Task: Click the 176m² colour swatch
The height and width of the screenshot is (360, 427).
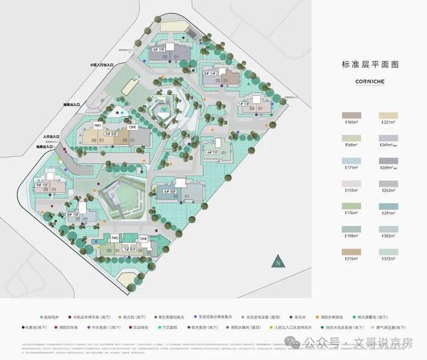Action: click(x=352, y=207)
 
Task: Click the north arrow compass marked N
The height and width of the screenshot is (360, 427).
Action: click(x=277, y=262)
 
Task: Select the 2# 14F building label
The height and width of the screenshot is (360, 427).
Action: click(x=210, y=74)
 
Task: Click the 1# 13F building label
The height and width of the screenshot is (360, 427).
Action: click(x=243, y=103)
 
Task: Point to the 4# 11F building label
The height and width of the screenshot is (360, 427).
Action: click(x=212, y=153)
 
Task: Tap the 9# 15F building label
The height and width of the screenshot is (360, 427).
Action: click(x=43, y=185)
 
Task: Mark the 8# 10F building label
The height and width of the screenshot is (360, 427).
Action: click(x=72, y=213)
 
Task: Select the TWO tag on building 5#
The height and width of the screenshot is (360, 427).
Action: click(x=97, y=125)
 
